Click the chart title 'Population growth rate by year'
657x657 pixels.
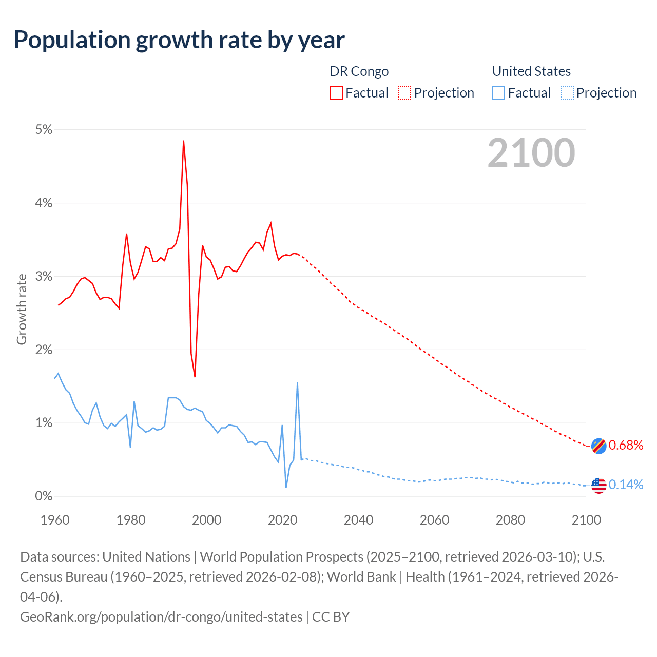(179, 40)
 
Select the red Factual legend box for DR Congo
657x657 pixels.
(336, 93)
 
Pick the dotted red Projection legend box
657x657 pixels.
(404, 93)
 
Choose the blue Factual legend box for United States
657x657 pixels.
(498, 93)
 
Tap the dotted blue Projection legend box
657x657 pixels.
(567, 93)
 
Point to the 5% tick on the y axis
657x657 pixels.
(44, 130)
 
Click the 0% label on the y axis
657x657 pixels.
(44, 496)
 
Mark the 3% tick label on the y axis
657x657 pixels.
(44, 277)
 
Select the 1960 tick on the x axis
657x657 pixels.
(55, 520)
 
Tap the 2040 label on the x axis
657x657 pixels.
(358, 520)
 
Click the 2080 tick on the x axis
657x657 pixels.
(510, 520)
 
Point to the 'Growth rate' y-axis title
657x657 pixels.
(22, 310)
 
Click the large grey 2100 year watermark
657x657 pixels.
(531, 153)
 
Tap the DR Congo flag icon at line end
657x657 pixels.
(598, 446)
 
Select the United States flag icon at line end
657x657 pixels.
(598, 485)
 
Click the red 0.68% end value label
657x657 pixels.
(626, 445)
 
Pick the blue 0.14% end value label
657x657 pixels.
(626, 485)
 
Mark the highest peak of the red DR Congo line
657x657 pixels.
(183, 141)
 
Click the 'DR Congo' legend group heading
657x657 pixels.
(359, 71)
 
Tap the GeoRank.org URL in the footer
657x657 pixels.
(161, 616)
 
